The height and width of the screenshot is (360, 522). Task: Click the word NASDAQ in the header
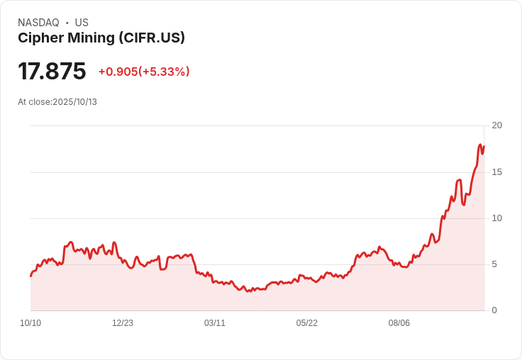pyautogui.click(x=38, y=23)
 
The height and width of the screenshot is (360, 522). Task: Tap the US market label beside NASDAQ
pyautogui.click(x=82, y=23)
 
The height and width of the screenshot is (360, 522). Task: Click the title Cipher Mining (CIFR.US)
pyautogui.click(x=101, y=38)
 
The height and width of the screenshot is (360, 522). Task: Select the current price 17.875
pyautogui.click(x=52, y=72)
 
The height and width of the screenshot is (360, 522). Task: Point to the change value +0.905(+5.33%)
pyautogui.click(x=144, y=72)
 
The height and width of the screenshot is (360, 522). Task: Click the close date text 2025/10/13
pyautogui.click(x=75, y=102)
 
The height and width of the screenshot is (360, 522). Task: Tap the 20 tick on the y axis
pyautogui.click(x=497, y=125)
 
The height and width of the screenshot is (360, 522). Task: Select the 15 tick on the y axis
pyautogui.click(x=497, y=172)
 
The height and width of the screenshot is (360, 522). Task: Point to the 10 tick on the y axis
pyautogui.click(x=497, y=218)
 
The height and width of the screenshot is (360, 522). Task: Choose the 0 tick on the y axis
pyautogui.click(x=495, y=310)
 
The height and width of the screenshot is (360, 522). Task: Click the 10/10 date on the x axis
pyautogui.click(x=30, y=323)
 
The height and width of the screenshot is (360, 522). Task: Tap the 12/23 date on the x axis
pyautogui.click(x=123, y=323)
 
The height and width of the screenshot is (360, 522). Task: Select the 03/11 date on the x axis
pyautogui.click(x=215, y=323)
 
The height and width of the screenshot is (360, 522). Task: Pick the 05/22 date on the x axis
pyautogui.click(x=307, y=323)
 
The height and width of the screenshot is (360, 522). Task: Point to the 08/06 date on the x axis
pyautogui.click(x=399, y=323)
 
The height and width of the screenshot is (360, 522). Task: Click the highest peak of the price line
pyautogui.click(x=480, y=145)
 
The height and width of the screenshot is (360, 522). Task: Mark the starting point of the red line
pyautogui.click(x=30, y=276)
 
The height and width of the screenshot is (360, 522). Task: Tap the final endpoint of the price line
pyautogui.click(x=484, y=147)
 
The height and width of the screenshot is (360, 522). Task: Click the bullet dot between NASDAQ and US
pyautogui.click(x=67, y=23)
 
